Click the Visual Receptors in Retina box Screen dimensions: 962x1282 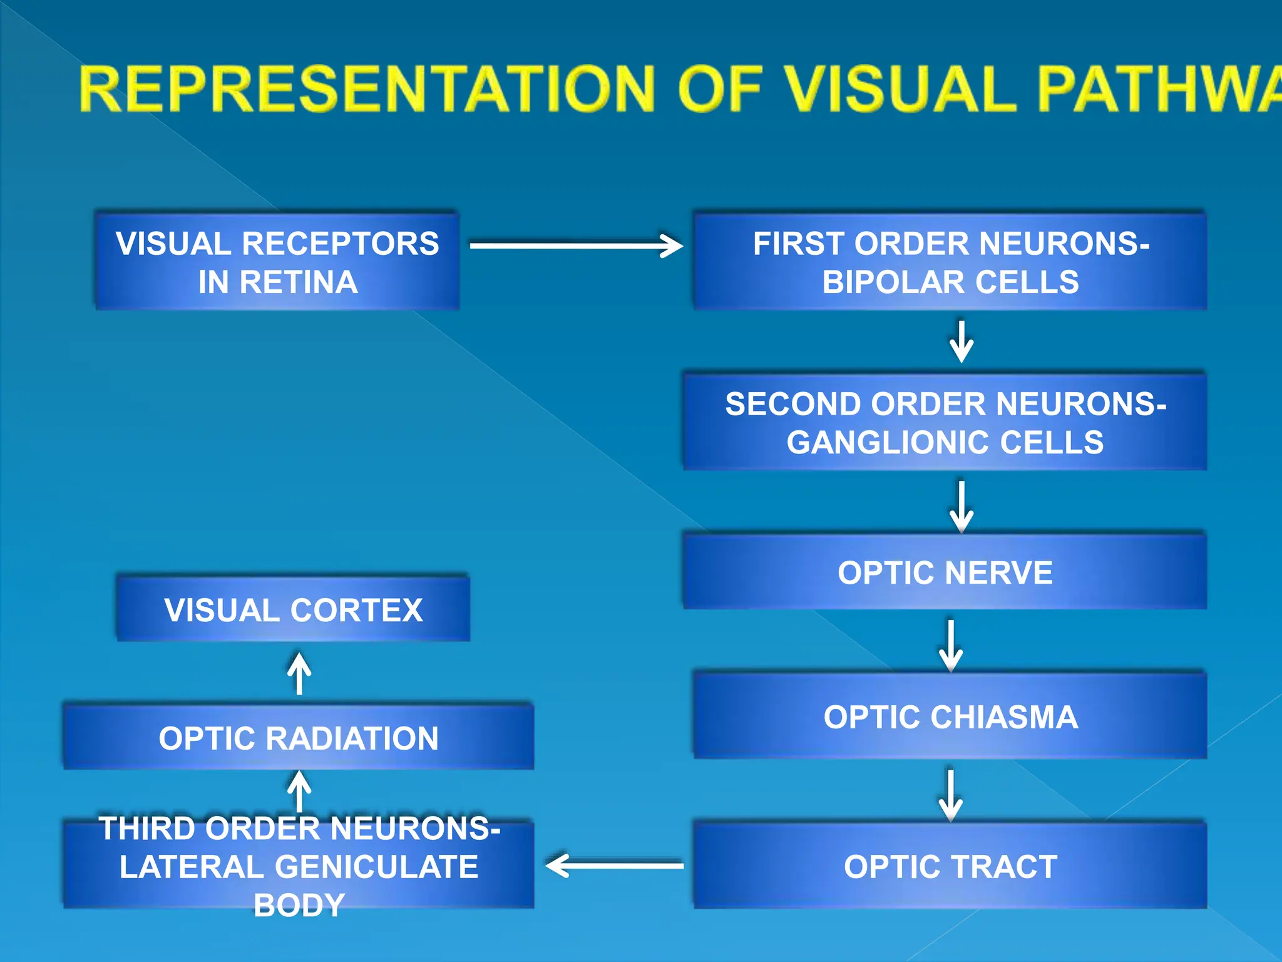[277, 261]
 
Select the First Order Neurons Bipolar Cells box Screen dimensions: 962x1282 [950, 261]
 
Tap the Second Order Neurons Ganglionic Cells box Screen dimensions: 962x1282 [945, 422]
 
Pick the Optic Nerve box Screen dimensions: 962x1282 [945, 572]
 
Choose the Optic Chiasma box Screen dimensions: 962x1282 [950, 716]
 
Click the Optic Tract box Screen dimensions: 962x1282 [950, 866]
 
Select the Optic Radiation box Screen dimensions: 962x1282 [299, 737]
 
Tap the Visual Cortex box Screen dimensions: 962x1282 [293, 609]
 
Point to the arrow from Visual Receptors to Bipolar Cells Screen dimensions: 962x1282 [576, 246]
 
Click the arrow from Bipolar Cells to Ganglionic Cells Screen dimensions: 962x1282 [961, 342]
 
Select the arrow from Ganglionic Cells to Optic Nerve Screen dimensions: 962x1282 [961, 506]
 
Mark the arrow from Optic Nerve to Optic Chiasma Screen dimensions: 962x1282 [951, 645]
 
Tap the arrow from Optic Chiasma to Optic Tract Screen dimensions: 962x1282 [951, 795]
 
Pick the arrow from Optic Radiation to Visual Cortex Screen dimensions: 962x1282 [299, 674]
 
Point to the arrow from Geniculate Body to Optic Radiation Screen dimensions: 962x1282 [299, 790]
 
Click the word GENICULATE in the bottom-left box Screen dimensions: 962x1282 [377, 867]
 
